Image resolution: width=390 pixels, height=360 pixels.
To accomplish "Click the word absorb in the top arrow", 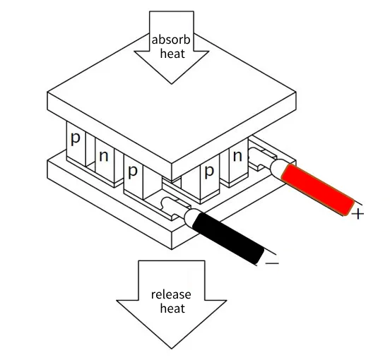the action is click(171, 40).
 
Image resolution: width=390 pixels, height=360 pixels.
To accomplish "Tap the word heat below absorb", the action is click(172, 54).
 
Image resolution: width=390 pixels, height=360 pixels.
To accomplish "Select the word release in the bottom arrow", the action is click(171, 294).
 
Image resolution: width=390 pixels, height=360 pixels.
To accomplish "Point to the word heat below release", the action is click(172, 308).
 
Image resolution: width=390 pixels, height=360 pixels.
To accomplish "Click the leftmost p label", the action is click(75, 138).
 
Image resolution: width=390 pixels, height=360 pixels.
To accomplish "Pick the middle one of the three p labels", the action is click(133, 172).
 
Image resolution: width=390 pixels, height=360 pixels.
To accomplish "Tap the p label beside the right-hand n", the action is click(209, 172).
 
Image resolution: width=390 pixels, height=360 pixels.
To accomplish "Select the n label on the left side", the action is click(104, 156).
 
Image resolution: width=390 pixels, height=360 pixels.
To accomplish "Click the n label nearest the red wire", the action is click(237, 156).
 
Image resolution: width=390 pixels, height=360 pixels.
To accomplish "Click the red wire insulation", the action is click(318, 189).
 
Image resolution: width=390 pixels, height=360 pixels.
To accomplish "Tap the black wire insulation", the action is click(228, 239).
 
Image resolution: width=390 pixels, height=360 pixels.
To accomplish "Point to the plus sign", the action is click(358, 214).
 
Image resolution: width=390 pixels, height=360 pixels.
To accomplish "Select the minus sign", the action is click(272, 263).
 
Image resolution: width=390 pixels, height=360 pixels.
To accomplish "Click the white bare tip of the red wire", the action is click(278, 168).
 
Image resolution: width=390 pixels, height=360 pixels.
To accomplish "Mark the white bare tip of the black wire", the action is click(192, 217).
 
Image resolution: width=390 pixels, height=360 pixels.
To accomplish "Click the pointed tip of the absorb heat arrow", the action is click(172, 84).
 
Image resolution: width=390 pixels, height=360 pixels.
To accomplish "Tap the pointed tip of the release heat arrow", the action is click(172, 349).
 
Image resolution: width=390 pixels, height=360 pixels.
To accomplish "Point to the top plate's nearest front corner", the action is click(172, 164).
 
